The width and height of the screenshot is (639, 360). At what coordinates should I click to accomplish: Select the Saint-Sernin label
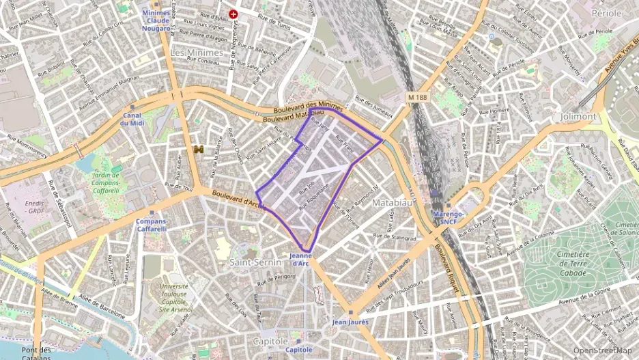[x=251, y=262]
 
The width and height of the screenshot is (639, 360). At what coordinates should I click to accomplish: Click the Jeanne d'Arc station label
[x=301, y=260]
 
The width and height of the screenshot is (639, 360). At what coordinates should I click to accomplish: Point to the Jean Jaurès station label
[x=350, y=322]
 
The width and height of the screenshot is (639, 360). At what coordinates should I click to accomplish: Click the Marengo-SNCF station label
[x=449, y=217]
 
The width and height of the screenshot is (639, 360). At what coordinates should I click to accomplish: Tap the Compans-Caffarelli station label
[x=152, y=225]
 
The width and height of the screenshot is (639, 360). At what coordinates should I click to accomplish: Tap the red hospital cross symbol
[x=233, y=14]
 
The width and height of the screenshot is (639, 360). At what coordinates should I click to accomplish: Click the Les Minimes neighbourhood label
[x=197, y=53]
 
